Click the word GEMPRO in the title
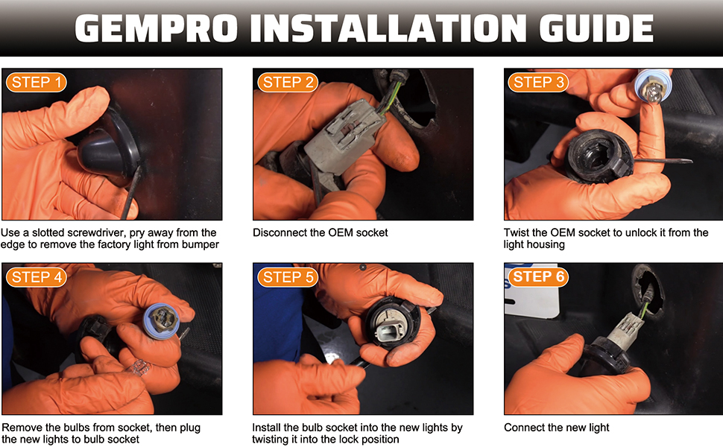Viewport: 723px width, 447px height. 156,28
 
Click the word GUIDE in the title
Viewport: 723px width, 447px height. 596,28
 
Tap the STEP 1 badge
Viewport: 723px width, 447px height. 37,83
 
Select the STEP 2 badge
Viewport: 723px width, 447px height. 288,83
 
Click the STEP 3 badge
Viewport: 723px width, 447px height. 539,83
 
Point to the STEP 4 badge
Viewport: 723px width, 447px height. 37,277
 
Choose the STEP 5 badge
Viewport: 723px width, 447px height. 288,277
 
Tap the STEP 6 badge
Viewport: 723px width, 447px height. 539,276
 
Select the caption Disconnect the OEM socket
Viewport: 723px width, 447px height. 321,232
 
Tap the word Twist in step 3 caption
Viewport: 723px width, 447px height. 516,232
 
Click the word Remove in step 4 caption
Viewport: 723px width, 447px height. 19,428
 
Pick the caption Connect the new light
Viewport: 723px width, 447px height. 557,428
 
